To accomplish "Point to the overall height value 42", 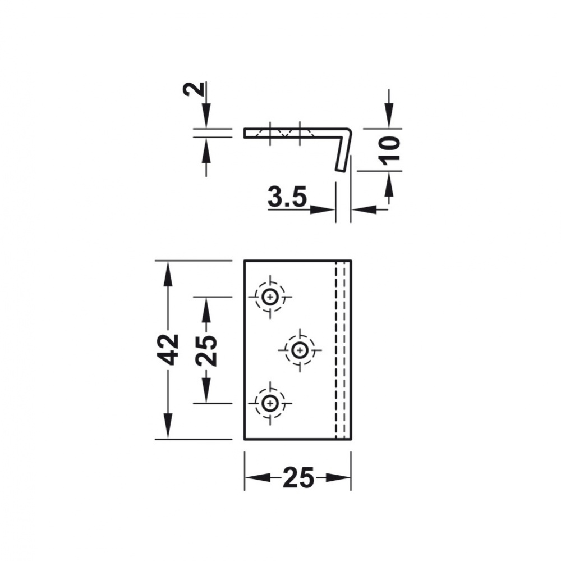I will [168, 349].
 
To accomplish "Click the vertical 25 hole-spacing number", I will [206, 349].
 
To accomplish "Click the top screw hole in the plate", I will [270, 297].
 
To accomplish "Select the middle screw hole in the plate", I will [300, 350].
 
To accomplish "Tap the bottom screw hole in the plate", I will [270, 403].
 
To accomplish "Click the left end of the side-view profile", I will [246, 133].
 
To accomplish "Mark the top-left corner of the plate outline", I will [245, 261].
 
